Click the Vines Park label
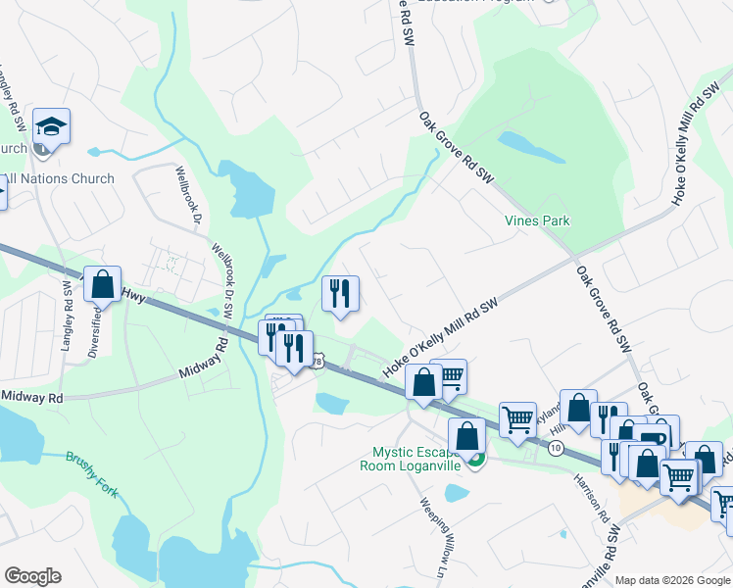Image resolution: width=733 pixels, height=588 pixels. pos(536,221)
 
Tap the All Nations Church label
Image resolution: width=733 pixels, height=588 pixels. pos(59,178)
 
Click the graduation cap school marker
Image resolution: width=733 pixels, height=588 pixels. pos(51,127)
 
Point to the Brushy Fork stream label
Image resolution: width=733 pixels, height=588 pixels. pos(92,473)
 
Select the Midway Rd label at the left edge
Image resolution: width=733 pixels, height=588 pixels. pos(31,397)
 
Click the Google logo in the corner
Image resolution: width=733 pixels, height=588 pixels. pos(32,576)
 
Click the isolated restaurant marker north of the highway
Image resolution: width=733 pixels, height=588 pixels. pos(340,292)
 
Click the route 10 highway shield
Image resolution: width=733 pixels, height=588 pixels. pos(556,448)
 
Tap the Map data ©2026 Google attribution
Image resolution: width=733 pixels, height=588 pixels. pos(671,580)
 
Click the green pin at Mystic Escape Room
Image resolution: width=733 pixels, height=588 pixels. pos(475,459)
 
